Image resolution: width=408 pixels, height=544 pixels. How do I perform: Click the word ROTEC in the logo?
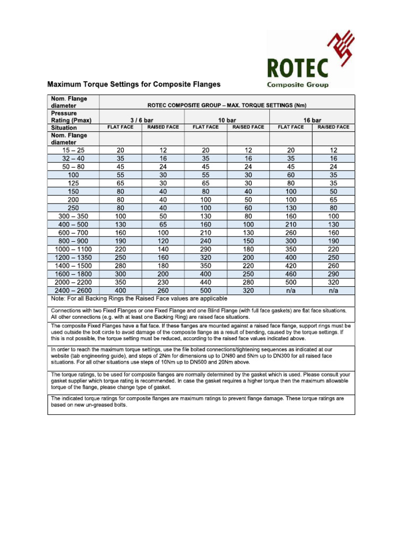pyautogui.click(x=297, y=68)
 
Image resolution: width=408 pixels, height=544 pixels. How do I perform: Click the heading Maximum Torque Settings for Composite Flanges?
pyautogui.click(x=134, y=84)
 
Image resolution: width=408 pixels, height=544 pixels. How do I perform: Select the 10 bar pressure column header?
pyautogui.click(x=227, y=120)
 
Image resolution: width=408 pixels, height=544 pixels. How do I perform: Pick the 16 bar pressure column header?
pyautogui.click(x=312, y=120)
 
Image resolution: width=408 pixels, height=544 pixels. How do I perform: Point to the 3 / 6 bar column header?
pyautogui.click(x=141, y=120)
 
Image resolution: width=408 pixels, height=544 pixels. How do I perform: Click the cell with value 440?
pyautogui.click(x=206, y=283)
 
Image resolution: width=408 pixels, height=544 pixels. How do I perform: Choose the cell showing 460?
pyautogui.click(x=291, y=274)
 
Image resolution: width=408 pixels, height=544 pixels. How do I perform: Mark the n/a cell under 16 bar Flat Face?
pyautogui.click(x=291, y=291)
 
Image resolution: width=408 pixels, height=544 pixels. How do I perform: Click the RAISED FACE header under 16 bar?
pyautogui.click(x=333, y=127)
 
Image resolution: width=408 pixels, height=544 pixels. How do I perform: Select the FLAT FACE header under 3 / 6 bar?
pyautogui.click(x=120, y=127)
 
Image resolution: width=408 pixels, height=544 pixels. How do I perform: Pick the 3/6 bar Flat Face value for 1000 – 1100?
pyautogui.click(x=120, y=249)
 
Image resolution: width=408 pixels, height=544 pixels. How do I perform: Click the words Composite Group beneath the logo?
pyautogui.click(x=297, y=84)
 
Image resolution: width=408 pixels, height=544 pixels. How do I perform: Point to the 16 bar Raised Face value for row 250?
pyautogui.click(x=333, y=208)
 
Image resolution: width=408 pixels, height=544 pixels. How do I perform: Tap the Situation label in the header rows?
pyautogui.click(x=64, y=128)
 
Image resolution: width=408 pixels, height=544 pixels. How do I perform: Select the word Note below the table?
pyautogui.click(x=57, y=299)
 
